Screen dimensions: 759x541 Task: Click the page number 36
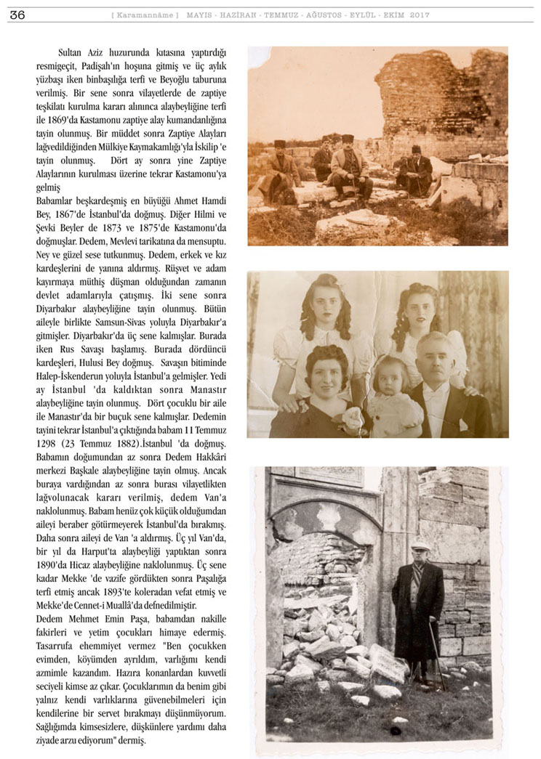pyautogui.click(x=17, y=15)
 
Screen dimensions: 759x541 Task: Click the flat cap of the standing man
pyautogui.click(x=420, y=546)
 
